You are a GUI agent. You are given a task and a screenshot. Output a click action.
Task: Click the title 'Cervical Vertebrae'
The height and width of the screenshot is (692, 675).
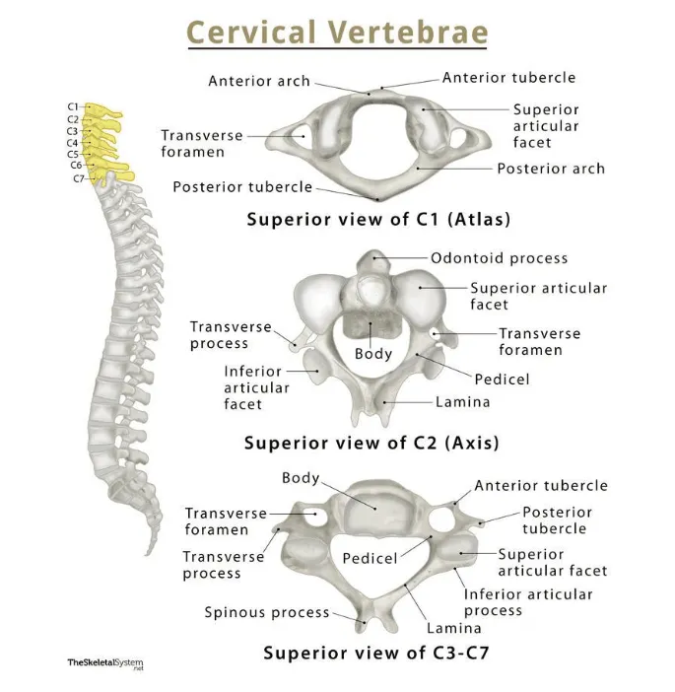pyautogui.click(x=337, y=32)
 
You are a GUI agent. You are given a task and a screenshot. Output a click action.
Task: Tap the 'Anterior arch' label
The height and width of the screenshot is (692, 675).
pyautogui.click(x=259, y=81)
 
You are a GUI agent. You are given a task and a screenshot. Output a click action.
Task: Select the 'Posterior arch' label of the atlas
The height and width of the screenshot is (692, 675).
pyautogui.click(x=551, y=169)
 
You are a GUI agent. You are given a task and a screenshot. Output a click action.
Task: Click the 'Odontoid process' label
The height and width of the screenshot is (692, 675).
pyautogui.click(x=499, y=258)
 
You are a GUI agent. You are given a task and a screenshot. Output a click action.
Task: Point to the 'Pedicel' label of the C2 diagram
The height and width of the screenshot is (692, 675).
pyautogui.click(x=502, y=379)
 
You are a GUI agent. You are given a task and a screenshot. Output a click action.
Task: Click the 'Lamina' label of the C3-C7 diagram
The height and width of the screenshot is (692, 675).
pyautogui.click(x=454, y=627)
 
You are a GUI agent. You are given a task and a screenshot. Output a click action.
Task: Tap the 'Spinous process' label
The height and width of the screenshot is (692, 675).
pyautogui.click(x=267, y=612)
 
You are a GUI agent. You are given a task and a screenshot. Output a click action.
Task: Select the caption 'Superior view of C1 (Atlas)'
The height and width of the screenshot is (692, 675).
pyautogui.click(x=379, y=219)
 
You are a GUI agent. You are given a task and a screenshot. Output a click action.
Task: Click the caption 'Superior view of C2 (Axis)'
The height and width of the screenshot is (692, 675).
pyautogui.click(x=371, y=443)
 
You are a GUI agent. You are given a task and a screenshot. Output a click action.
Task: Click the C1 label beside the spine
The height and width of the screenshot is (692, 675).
pyautogui.click(x=73, y=106)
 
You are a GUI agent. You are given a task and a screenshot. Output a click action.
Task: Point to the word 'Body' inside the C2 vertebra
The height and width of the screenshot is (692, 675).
pyautogui.click(x=373, y=354)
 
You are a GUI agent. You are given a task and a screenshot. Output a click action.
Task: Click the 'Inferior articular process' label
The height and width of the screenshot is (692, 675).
pyautogui.click(x=528, y=602)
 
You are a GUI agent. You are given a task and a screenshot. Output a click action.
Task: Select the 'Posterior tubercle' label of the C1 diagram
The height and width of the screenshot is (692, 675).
pyautogui.click(x=242, y=186)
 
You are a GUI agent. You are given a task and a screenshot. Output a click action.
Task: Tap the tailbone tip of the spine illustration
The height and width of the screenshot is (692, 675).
pyautogui.click(x=149, y=552)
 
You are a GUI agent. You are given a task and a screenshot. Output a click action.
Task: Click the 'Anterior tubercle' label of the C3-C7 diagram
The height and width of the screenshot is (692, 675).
pyautogui.click(x=541, y=485)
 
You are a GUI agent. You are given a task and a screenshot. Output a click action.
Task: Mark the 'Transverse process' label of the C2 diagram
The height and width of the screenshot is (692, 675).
pyautogui.click(x=219, y=335)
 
